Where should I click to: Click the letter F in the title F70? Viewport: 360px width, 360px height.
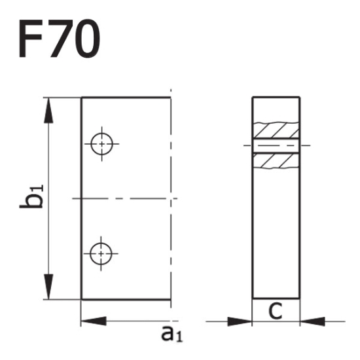tap(33, 39)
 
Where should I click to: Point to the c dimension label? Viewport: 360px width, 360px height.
tap(276, 310)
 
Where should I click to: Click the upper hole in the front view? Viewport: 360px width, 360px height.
tap(102, 144)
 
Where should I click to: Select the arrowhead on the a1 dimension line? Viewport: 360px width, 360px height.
tap(93, 321)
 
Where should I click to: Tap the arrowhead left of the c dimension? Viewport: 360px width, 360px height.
tap(240, 321)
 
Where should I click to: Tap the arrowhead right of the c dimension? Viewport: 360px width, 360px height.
tap(312, 321)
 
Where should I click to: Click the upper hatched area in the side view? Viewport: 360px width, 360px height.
tap(276, 129)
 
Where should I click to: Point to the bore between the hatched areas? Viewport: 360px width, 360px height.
tap(276, 145)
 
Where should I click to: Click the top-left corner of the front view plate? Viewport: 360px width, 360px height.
tap(81, 97)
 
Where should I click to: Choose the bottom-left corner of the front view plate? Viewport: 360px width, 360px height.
tap(81, 300)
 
